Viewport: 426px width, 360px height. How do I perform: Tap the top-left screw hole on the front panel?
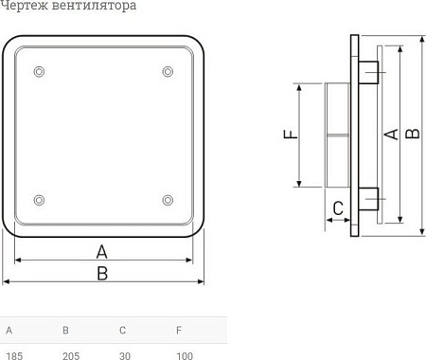pyautogui.click(x=39, y=72)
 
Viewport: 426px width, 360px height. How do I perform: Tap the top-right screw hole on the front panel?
pyautogui.click(x=168, y=72)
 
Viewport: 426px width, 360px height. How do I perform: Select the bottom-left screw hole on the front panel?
pyautogui.click(x=39, y=199)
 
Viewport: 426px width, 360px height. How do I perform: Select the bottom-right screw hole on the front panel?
pyautogui.click(x=168, y=199)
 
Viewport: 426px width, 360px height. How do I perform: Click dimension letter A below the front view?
pyautogui.click(x=102, y=251)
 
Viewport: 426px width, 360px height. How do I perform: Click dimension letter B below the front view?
pyautogui.click(x=102, y=273)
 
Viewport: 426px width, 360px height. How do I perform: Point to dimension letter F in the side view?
pyautogui.click(x=291, y=135)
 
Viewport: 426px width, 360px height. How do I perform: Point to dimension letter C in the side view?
pyautogui.click(x=335, y=208)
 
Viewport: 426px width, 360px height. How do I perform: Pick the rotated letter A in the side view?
pyautogui.click(x=389, y=135)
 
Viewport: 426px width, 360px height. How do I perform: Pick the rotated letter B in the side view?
pyautogui.click(x=412, y=135)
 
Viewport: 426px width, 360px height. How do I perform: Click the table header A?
pyautogui.click(x=9, y=331)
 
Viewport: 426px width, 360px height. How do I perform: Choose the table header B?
pyautogui.click(x=65, y=331)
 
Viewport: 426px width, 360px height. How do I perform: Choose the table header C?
pyautogui.click(x=122, y=331)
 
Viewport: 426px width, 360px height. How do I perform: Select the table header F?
pyautogui.click(x=178, y=331)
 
